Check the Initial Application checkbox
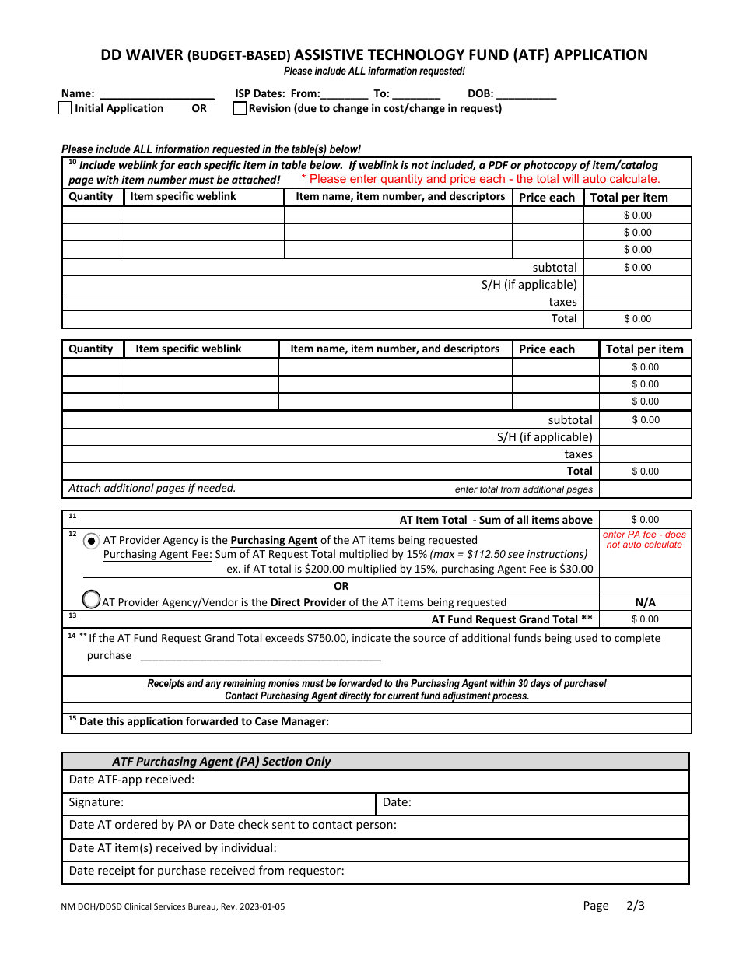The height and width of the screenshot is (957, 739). pos(65,109)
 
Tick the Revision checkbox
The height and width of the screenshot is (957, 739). pos(240,109)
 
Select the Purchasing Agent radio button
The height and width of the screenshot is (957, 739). pos(92,541)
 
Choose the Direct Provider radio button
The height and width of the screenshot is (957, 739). pos(92,599)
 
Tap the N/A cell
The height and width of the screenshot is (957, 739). pos(645,602)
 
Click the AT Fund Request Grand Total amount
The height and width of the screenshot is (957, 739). pos(645,619)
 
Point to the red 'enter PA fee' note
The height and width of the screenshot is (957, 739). pos(645,540)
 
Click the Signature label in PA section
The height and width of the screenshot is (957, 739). pos(96,802)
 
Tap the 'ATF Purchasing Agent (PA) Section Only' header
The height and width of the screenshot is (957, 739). pos(222,762)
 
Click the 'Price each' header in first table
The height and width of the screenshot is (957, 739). pos(547,198)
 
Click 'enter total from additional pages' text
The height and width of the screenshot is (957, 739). pos(524,489)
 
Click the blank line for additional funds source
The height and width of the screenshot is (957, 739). pos(260,656)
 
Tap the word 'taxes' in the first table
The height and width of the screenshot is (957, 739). pos(562,302)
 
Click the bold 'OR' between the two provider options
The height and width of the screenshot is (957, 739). pos(341,586)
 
